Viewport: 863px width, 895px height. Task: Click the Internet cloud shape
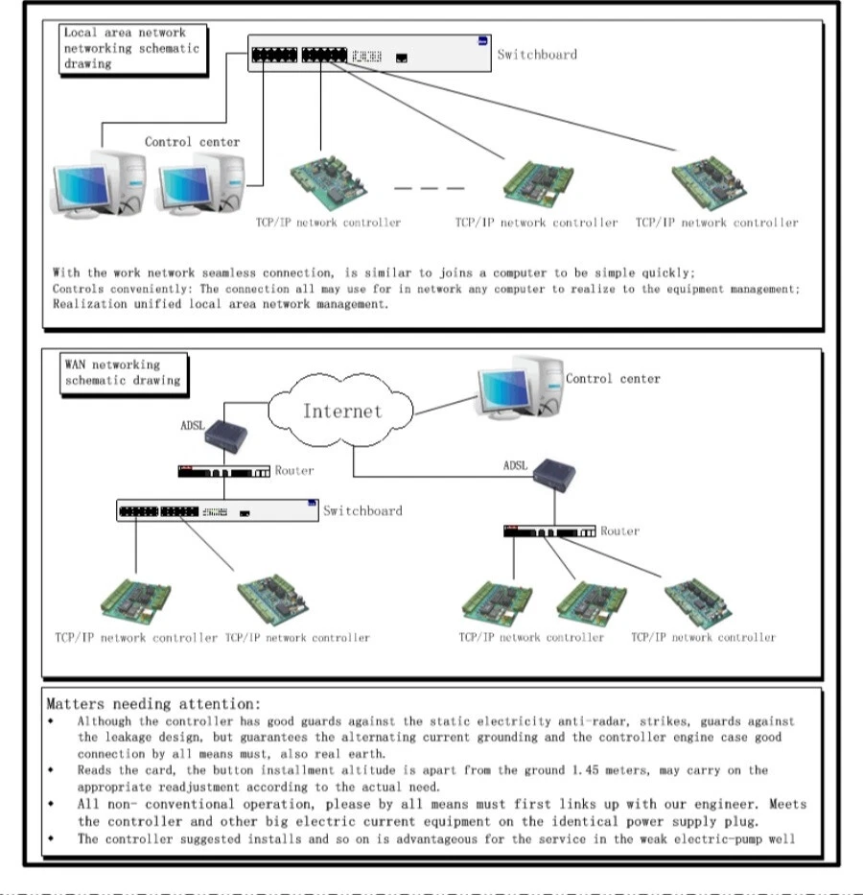click(341, 412)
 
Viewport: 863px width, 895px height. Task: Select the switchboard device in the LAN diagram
click(369, 55)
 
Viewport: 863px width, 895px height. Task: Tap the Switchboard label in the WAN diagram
click(362, 510)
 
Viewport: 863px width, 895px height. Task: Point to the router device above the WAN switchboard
click(222, 472)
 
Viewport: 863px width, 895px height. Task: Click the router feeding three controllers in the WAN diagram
click(548, 531)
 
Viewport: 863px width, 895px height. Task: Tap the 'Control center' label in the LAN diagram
click(192, 142)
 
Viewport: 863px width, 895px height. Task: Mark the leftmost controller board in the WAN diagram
click(135, 601)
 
